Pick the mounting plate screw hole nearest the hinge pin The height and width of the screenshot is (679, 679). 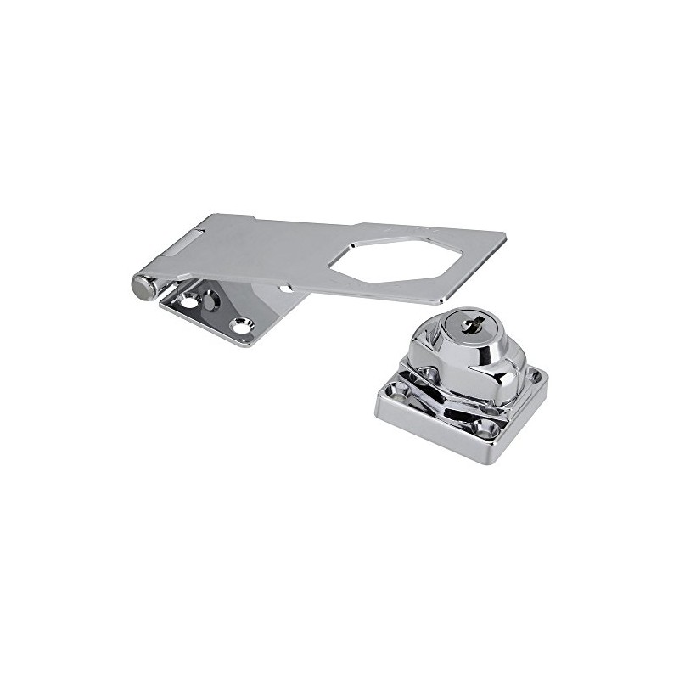[x=187, y=301]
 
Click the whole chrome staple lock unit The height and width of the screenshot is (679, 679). [x=460, y=382]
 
